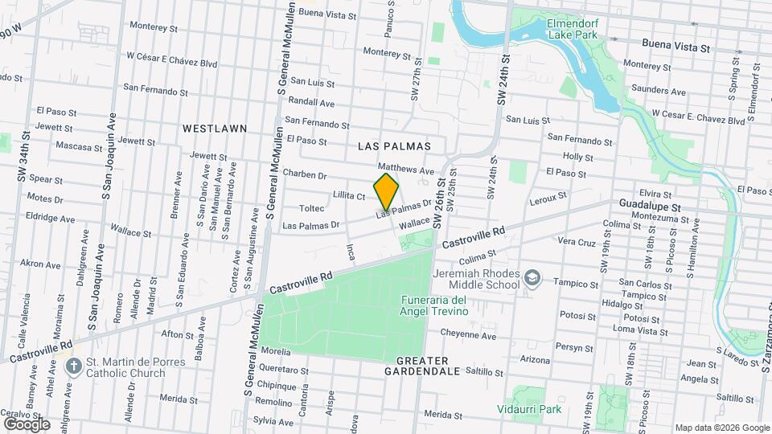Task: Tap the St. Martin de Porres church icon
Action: tap(73, 366)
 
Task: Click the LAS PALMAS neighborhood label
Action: tap(394, 146)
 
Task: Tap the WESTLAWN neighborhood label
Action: tap(214, 129)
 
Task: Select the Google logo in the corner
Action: tap(26, 424)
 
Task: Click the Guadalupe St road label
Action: tap(650, 207)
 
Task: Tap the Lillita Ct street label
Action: tap(349, 195)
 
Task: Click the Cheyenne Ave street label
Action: tap(467, 336)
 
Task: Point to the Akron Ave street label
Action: tap(40, 264)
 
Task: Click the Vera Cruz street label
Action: tap(576, 241)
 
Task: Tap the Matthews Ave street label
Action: tap(411, 170)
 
